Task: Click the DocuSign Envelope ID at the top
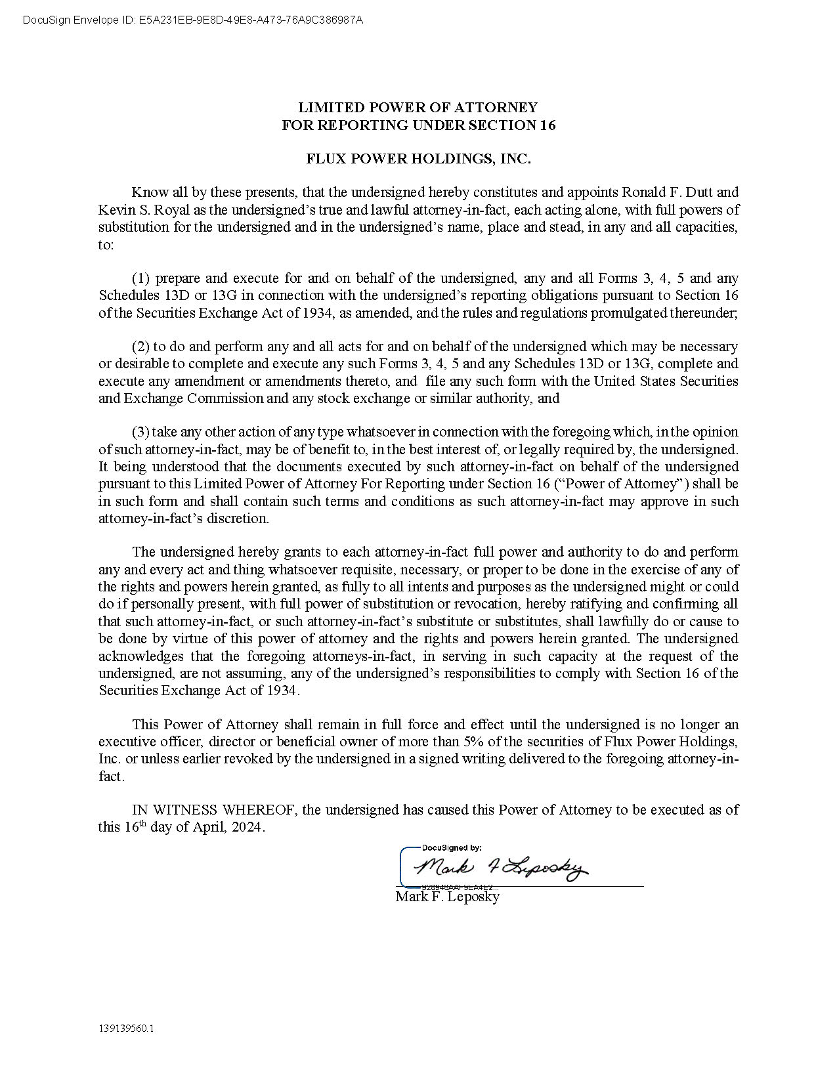192,20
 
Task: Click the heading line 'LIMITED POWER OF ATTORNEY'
418,108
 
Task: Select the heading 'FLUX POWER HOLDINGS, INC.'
418,159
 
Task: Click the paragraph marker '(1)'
141,278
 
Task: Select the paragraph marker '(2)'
141,347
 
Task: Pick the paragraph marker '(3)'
141,432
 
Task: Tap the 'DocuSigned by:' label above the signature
451,848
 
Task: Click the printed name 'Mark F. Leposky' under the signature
448,897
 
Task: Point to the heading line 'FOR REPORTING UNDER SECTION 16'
418,125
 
